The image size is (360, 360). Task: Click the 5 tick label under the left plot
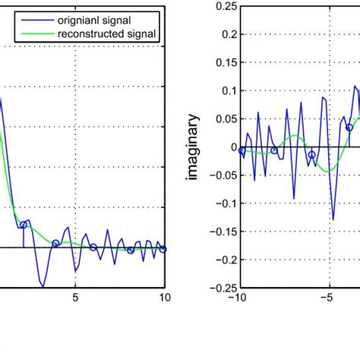75,298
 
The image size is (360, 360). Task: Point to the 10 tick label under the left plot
164,298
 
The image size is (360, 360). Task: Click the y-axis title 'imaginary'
194,147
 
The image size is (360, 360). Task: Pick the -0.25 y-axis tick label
220,287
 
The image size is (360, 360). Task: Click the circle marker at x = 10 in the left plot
163,248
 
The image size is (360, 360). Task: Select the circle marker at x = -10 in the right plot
242,150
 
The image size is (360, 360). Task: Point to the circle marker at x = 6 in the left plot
93,247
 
